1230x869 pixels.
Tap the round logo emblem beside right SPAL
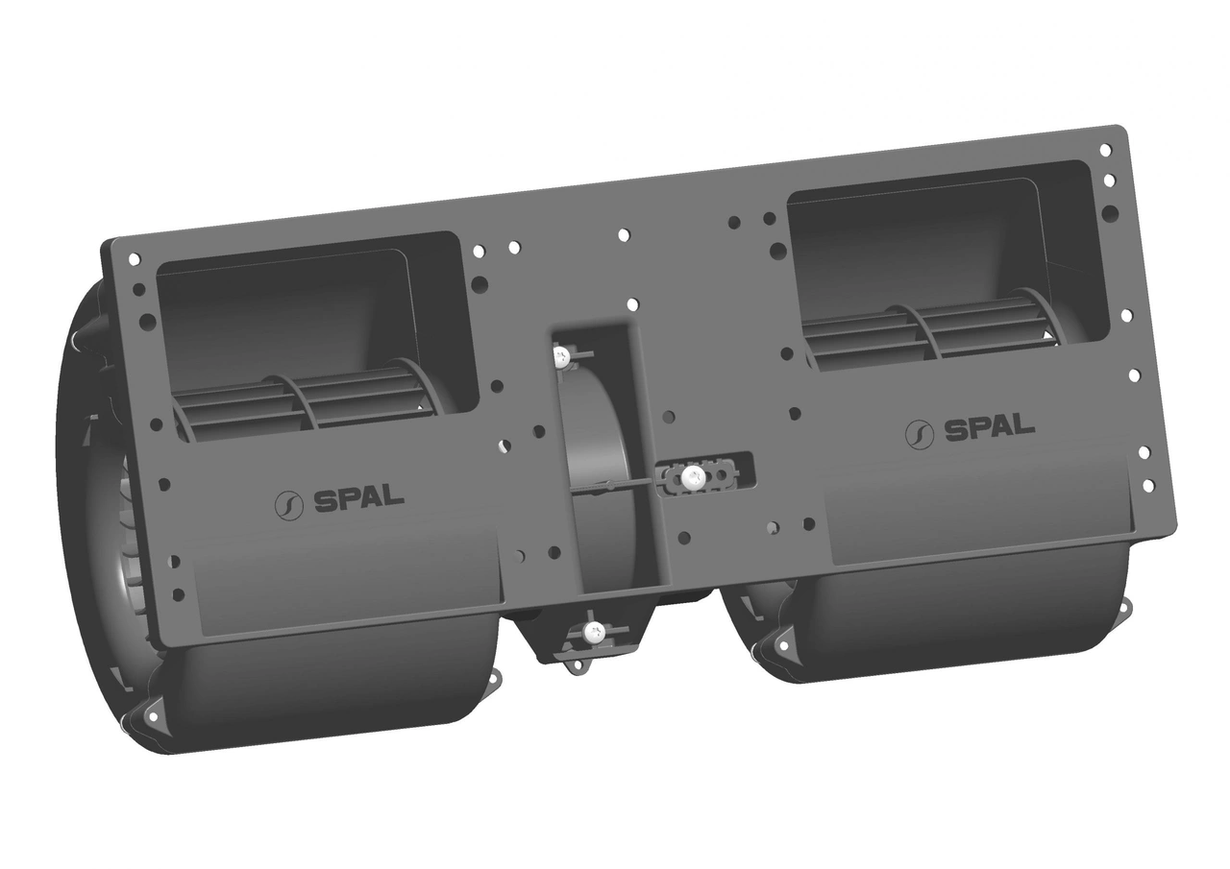click(920, 434)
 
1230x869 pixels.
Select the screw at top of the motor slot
click(561, 357)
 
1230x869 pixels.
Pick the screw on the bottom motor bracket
click(594, 632)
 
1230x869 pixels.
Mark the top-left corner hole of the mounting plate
click(134, 258)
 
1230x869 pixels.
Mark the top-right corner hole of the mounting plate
click(1105, 150)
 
